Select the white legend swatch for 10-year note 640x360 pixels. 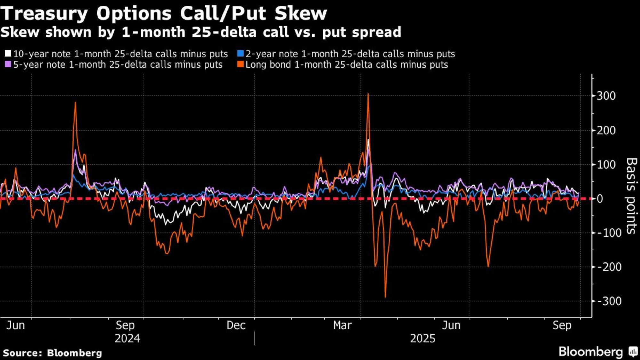8,53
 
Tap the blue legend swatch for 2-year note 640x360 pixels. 240,53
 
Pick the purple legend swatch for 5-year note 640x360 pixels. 8,64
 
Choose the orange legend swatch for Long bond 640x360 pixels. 240,64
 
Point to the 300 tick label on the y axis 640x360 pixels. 606,96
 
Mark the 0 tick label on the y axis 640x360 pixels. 600,199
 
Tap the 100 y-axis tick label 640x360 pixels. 606,164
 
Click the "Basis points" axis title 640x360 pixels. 631,196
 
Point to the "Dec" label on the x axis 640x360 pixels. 236,325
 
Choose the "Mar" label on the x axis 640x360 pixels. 342,325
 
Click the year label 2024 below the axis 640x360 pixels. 127,339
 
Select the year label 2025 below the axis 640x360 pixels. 423,339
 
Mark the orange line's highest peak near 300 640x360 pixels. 368,94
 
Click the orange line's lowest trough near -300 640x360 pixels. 385,297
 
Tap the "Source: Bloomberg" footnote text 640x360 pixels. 52,353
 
